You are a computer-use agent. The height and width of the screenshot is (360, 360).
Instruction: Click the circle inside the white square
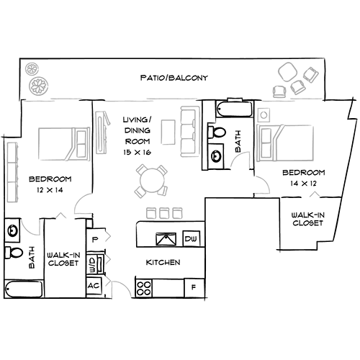point(264,115)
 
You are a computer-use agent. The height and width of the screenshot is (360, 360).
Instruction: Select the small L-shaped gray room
point(313,195)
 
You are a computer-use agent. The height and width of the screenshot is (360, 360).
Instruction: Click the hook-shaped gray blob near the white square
point(238,158)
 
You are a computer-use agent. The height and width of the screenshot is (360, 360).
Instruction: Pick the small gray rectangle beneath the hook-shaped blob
point(245,171)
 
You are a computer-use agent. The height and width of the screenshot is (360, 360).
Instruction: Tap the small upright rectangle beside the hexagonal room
point(251,189)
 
